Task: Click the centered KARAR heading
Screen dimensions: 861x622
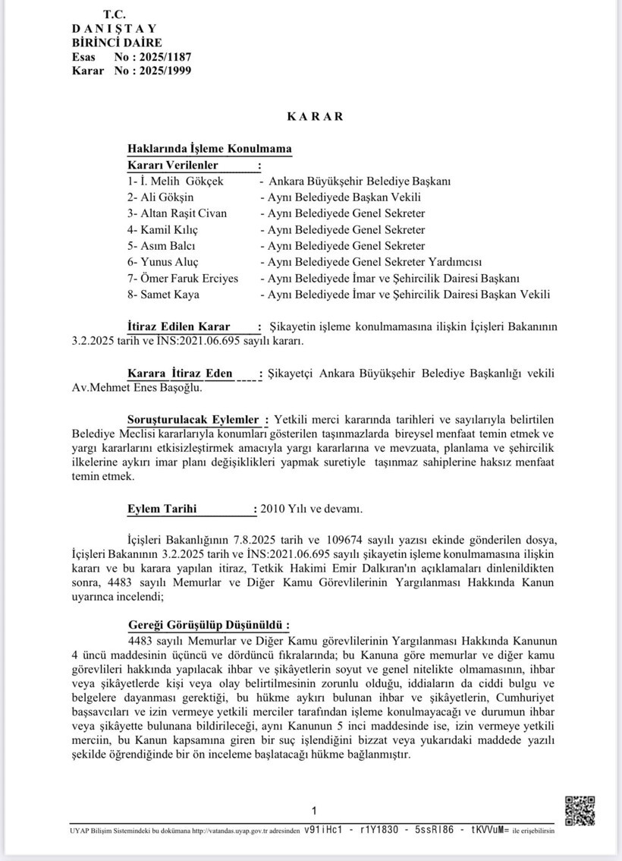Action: (315, 116)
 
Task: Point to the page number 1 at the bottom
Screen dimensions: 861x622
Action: (314, 810)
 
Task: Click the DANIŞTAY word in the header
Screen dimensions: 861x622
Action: (115, 29)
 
